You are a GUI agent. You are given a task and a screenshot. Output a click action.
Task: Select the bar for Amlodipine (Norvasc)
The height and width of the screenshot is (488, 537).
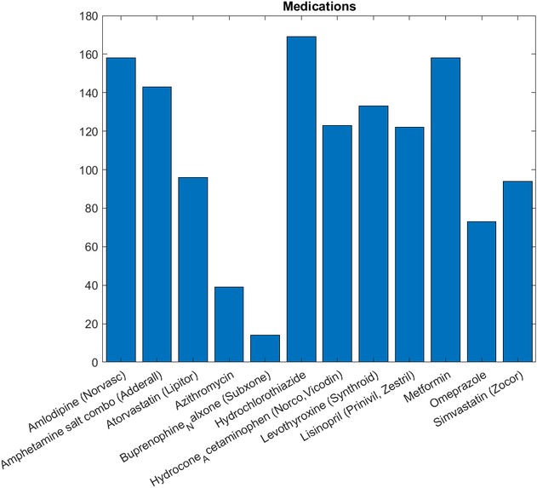pos(121,210)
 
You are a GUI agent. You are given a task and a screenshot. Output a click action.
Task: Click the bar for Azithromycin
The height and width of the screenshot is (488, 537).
pos(229,324)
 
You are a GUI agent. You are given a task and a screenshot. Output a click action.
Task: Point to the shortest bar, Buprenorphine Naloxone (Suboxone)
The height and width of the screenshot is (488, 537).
pos(265,348)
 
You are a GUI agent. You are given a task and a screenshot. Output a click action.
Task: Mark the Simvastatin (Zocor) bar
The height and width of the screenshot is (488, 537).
pos(517,272)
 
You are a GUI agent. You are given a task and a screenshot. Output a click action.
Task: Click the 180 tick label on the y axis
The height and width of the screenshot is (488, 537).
pos(87,15)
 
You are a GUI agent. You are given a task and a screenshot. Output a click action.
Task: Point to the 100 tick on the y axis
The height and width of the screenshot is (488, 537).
pos(87,169)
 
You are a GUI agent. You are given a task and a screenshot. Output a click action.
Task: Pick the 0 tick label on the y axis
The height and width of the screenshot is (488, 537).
pos(94,363)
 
